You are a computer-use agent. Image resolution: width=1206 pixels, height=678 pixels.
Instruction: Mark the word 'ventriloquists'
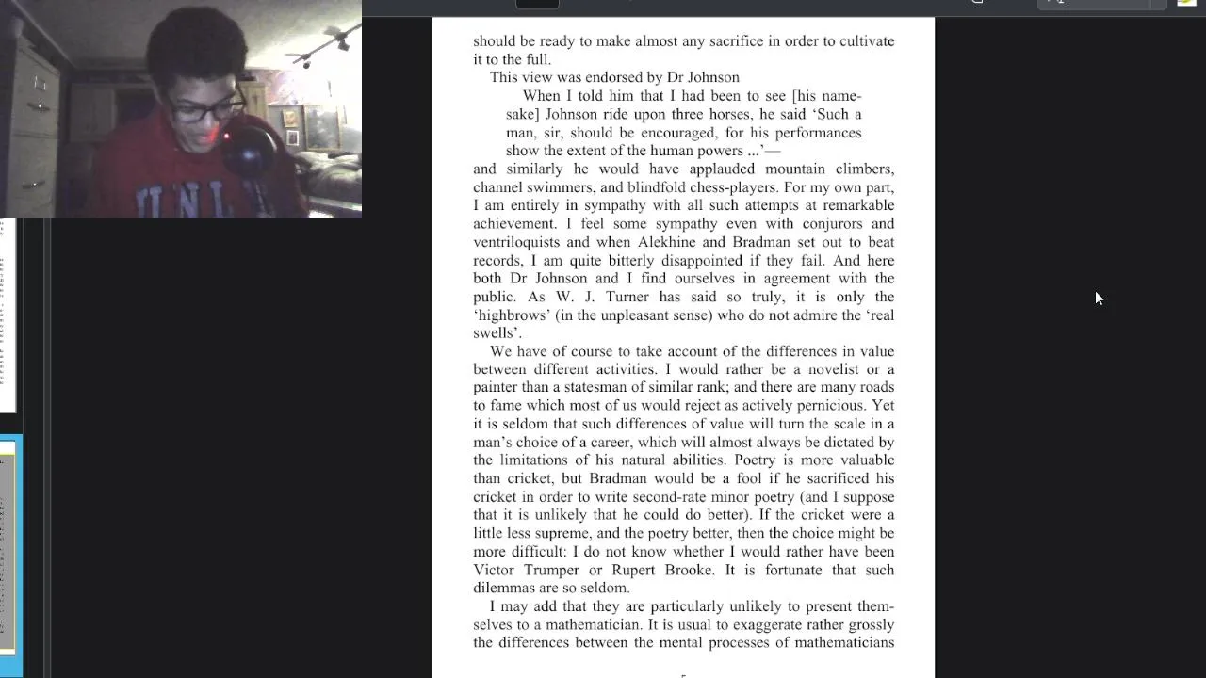pyautogui.click(x=516, y=242)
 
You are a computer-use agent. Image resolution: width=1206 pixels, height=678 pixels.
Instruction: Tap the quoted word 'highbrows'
pyautogui.click(x=510, y=315)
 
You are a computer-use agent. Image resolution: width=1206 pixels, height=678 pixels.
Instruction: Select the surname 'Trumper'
pyautogui.click(x=547, y=571)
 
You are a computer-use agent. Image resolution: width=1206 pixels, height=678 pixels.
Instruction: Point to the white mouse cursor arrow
pyautogui.click(x=1098, y=298)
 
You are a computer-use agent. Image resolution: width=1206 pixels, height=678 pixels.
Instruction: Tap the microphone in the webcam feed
pyautogui.click(x=250, y=151)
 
